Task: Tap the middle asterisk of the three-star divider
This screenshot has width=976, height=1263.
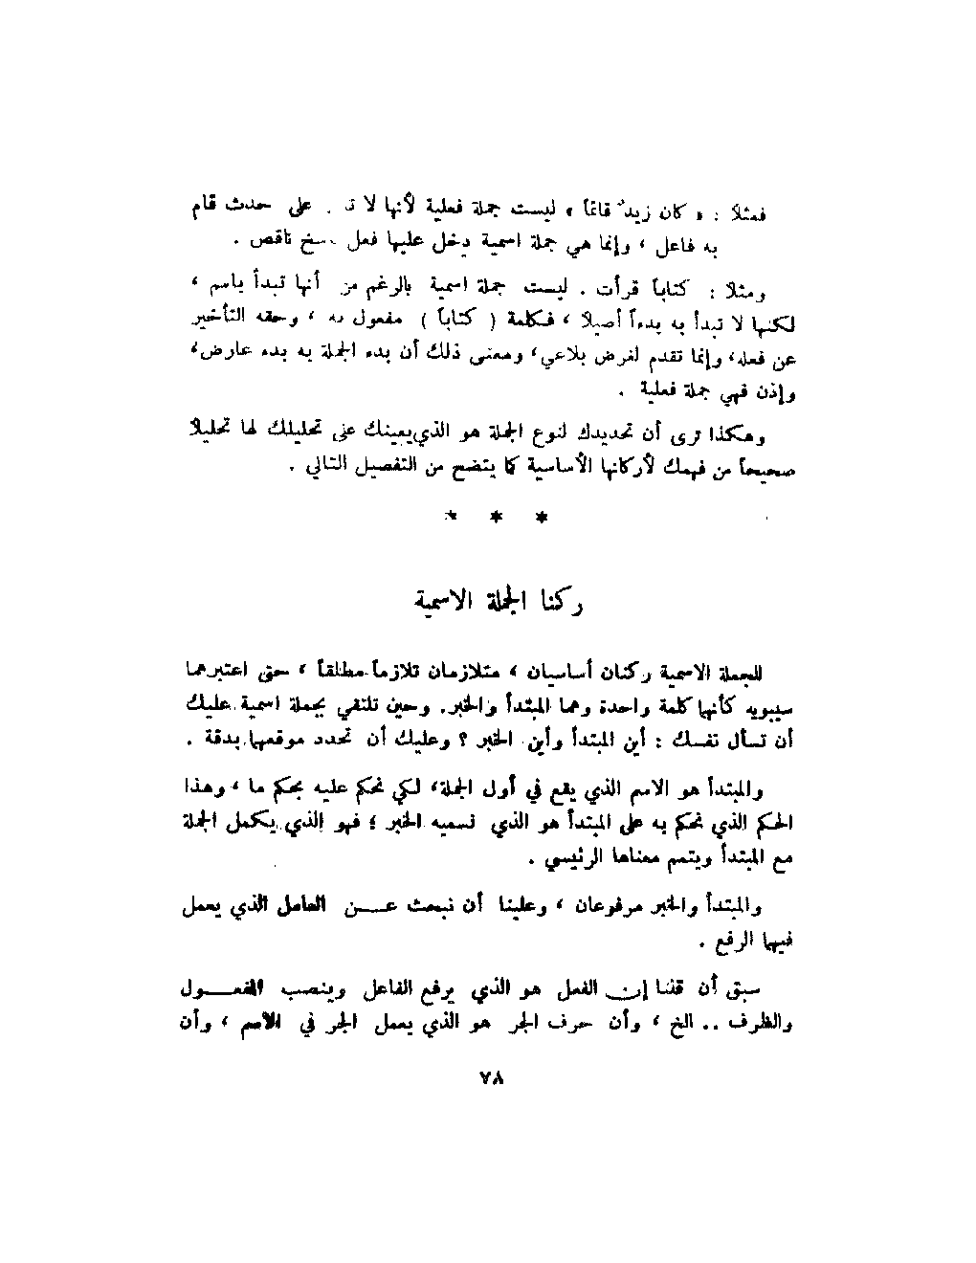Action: [495, 518]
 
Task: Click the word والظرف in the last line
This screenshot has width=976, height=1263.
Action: [771, 1022]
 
